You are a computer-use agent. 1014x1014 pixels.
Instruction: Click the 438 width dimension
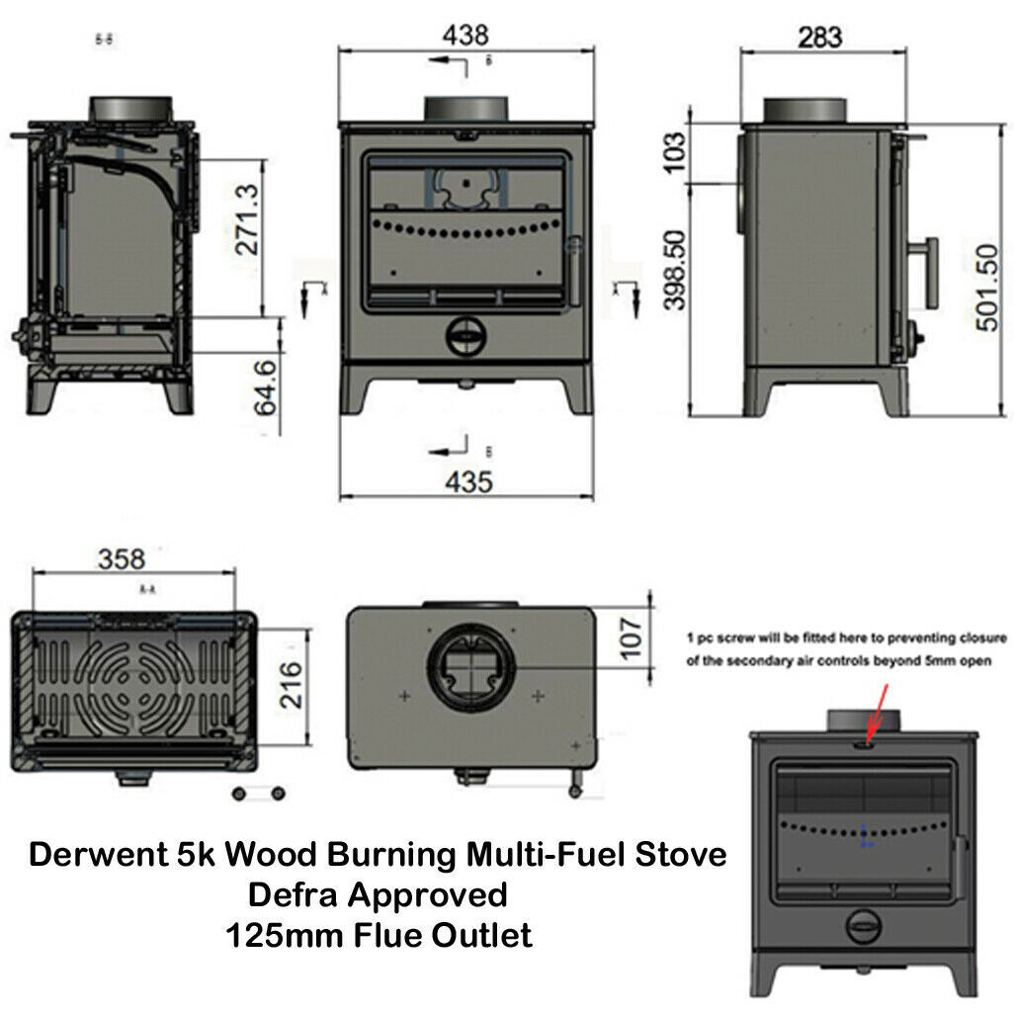pos(465,35)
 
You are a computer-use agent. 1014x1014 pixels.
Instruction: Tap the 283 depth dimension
pos(819,37)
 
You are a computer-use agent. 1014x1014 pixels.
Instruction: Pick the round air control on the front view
pos(465,336)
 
